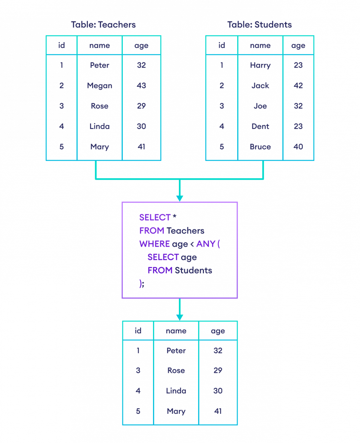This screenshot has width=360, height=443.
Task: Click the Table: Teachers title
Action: [x=103, y=25]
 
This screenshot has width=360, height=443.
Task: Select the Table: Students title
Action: [x=259, y=25]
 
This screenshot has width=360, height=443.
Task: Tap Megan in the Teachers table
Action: [x=100, y=86]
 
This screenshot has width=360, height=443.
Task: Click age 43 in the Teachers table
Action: [x=141, y=86]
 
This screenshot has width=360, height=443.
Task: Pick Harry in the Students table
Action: [x=260, y=65]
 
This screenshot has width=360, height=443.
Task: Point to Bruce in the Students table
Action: [x=260, y=147]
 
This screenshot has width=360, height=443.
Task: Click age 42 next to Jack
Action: [x=298, y=86]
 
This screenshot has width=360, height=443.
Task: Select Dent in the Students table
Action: [x=260, y=127]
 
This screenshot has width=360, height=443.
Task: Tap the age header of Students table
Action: [x=298, y=45]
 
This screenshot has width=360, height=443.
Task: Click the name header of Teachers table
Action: [x=100, y=45]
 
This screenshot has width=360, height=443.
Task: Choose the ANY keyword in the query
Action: [x=205, y=244]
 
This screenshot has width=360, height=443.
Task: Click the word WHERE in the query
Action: [x=154, y=244]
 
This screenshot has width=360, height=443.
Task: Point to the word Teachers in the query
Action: [x=185, y=231]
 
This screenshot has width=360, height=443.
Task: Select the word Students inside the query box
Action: [x=193, y=271]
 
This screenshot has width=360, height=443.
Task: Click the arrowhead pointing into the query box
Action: [x=180, y=198]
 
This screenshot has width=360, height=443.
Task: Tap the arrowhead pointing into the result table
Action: [x=180, y=317]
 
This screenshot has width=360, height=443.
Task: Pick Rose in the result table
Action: [x=176, y=371]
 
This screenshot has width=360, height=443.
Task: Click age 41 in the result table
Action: [x=218, y=411]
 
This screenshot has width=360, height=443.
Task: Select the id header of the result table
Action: [x=138, y=331]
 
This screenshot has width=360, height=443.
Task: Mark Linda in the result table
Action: [x=176, y=391]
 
